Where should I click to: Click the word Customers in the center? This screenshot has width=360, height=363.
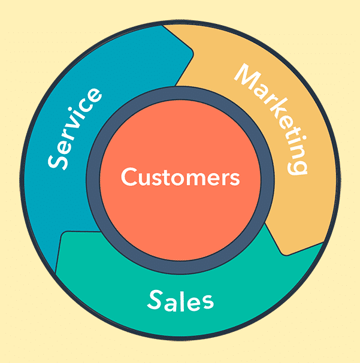(180, 178)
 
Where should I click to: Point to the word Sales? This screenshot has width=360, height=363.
(180, 300)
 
